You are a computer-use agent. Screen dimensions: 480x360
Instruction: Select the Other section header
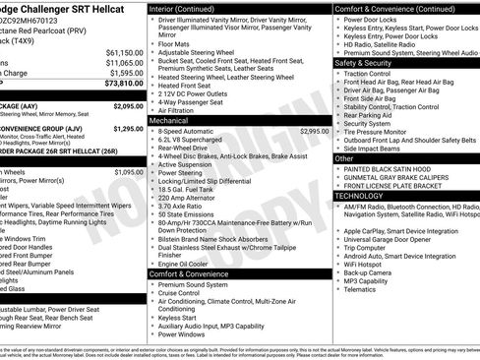[344, 158]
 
